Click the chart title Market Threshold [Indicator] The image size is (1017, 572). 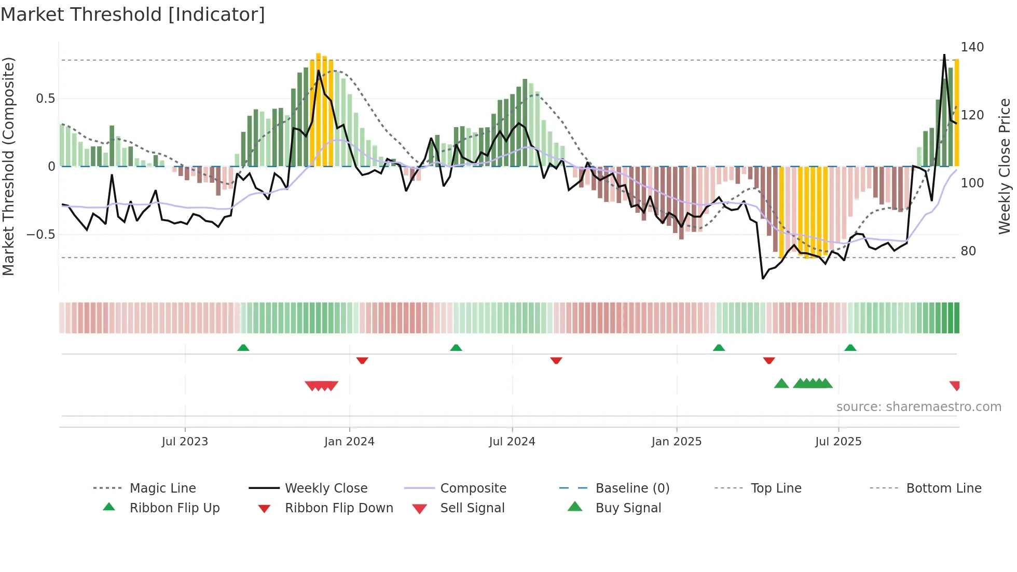pos(133,15)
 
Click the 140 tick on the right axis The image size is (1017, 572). pos(972,47)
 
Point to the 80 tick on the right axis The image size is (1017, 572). pos(968,251)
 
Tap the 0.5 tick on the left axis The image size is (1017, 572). pos(45,99)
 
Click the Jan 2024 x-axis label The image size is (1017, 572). pos(349,442)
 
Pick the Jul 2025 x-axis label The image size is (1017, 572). pos(838,442)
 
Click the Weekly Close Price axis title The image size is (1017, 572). pos(1005,166)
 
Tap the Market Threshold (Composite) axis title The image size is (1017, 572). pos(8,166)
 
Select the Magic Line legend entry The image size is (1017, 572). pos(162,488)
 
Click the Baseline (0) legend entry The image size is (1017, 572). pos(632,488)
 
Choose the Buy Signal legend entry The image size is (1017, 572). pos(628,508)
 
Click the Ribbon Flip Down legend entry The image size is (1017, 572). pos(338,508)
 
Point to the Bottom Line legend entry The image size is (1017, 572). pos(943,488)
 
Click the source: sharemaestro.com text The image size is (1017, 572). pos(918,407)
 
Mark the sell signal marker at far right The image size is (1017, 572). pos(955,385)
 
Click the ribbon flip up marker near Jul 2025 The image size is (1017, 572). pos(850,348)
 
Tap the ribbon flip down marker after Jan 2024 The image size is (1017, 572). pos(362,360)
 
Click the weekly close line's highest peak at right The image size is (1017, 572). pos(944,55)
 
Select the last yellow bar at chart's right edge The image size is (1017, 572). pos(956,113)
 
